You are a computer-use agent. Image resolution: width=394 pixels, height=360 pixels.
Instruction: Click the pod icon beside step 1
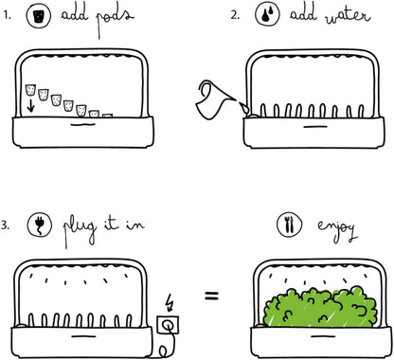[x=39, y=16]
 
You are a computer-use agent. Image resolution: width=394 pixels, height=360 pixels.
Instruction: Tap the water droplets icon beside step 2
[x=267, y=13]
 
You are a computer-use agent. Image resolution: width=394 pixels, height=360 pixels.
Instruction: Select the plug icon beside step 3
[x=40, y=224]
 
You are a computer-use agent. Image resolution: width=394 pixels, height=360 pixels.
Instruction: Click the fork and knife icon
[x=289, y=224]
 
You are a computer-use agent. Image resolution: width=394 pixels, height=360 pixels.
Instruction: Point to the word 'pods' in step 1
[x=115, y=20]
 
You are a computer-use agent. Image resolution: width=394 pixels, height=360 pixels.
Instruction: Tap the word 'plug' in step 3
[x=80, y=230]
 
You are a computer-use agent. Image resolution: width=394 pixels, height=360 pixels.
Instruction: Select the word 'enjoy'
[x=337, y=228]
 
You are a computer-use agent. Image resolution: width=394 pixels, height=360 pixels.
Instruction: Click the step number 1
[x=7, y=15]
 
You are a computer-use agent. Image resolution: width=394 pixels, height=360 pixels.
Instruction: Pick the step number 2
[x=235, y=15]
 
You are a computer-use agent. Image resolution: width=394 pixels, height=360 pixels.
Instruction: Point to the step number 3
[x=5, y=225]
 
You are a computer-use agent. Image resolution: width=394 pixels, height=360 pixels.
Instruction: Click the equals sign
[x=211, y=296]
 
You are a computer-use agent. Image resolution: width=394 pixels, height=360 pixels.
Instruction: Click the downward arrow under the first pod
[x=30, y=106]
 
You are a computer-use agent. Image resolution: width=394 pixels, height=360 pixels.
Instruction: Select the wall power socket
[x=168, y=324]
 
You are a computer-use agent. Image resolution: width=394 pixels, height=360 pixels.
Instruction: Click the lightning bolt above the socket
[x=170, y=302]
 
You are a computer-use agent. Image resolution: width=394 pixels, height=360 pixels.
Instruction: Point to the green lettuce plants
[x=320, y=306]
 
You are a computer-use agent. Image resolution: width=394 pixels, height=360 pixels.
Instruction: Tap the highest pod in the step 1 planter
[x=30, y=90]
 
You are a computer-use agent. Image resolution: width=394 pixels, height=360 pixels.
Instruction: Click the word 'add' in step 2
[x=303, y=13]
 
